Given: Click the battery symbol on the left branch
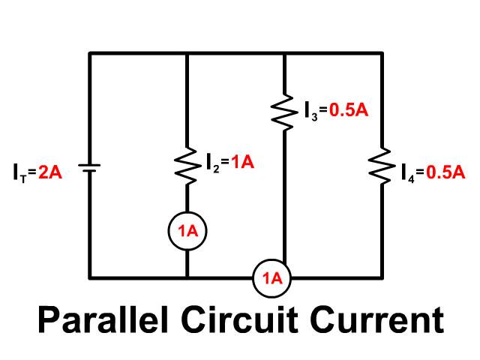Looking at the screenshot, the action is coord(89,168).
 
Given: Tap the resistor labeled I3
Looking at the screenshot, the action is coord(284,112).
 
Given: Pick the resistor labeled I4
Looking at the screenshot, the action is coord(382,166).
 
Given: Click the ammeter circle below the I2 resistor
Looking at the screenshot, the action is coord(187,231).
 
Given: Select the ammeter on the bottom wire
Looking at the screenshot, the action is coord(271,278).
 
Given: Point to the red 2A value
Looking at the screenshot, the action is coord(50,172).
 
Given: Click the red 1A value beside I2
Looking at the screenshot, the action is coord(243,162).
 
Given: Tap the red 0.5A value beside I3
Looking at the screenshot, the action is coord(349,109).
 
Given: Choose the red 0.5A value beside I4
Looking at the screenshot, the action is coord(445,172).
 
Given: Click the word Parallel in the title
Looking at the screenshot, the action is coord(103,319).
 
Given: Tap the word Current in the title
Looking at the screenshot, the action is coord(376,319).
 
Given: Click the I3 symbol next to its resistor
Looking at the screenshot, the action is coord(311,111).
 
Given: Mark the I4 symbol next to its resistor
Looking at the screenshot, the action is coord(408,174).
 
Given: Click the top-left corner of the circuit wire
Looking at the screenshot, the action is coord(89,53).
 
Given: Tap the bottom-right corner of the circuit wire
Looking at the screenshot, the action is coord(382,278).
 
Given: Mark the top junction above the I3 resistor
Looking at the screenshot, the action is coord(284,53).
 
